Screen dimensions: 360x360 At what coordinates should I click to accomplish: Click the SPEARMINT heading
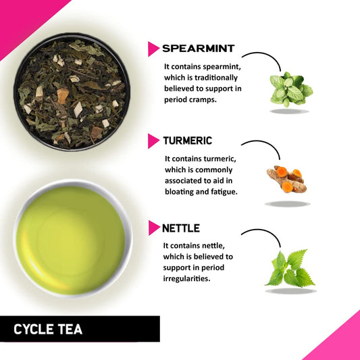point(199,49)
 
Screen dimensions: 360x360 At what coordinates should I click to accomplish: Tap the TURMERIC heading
point(187,141)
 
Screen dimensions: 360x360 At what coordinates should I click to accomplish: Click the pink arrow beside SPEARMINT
point(154,49)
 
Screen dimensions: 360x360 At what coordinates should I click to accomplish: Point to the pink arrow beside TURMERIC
point(154,141)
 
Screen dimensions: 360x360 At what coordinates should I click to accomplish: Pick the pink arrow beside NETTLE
point(154,228)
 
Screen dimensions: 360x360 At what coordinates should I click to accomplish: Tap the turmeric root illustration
point(286,180)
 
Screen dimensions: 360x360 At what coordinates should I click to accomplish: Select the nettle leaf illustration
point(288,269)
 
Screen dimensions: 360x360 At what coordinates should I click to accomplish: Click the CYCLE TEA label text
point(48,330)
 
